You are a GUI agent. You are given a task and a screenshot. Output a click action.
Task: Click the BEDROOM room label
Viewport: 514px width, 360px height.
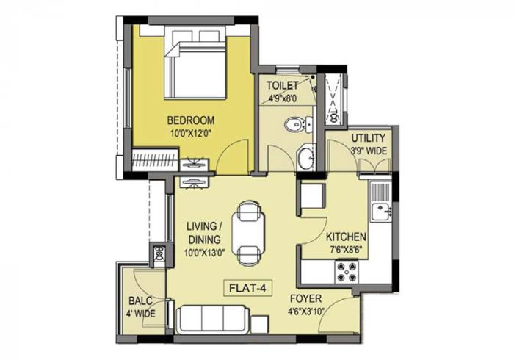190,120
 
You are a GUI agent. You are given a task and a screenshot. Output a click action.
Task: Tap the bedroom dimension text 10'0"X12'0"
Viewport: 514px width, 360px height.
190,134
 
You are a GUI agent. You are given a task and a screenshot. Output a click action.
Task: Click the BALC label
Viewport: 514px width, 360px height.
140,300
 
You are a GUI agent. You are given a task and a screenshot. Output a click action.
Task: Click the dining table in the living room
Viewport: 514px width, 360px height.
248,234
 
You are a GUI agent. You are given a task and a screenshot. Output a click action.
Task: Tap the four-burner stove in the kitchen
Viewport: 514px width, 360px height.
346,272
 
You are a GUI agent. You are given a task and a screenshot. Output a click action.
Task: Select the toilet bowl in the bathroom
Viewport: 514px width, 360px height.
295,124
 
